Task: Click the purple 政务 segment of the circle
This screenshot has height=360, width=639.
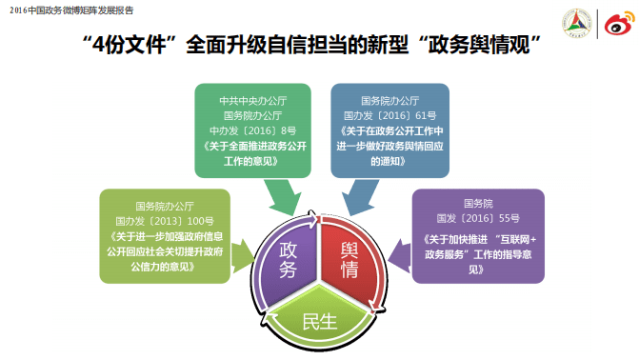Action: (287, 259)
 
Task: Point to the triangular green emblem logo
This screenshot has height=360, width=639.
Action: (579, 23)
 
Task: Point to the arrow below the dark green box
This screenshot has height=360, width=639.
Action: (283, 197)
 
